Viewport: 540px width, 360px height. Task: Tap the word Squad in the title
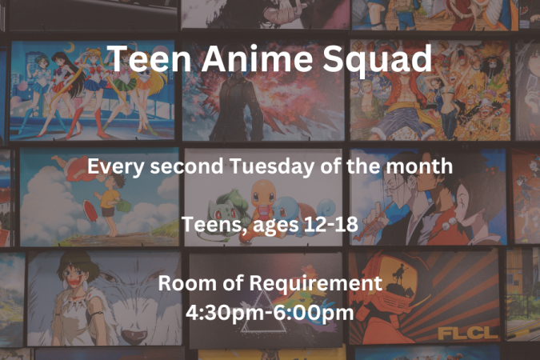point(377,60)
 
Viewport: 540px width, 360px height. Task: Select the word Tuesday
point(272,166)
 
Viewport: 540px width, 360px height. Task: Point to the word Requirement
point(315,284)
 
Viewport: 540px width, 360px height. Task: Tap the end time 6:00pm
point(311,314)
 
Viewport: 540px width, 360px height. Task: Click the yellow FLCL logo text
point(468,333)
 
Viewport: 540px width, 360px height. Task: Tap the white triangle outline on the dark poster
point(264,313)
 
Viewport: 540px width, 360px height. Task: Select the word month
point(419,166)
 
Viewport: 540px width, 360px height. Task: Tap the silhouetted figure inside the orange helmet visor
point(400,274)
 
